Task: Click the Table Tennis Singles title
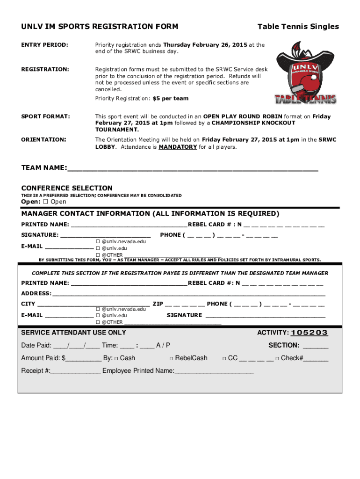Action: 298,27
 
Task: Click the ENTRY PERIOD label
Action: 45,45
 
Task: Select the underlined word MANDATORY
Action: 178,147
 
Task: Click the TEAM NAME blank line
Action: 192,169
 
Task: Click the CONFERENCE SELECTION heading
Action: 67,188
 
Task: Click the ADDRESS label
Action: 36,293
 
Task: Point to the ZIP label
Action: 158,304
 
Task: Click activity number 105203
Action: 309,333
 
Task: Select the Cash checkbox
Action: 116,359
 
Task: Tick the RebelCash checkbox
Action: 171,359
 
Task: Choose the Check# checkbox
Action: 277,359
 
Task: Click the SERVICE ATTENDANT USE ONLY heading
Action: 73,333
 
